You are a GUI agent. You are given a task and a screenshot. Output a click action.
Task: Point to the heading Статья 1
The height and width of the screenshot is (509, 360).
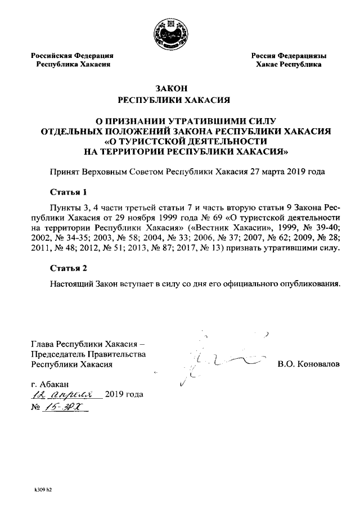68,191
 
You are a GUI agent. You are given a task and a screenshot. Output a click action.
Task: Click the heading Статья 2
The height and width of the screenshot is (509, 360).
68,267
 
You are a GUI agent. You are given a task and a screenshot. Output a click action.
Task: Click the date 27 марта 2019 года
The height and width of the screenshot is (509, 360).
287,172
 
